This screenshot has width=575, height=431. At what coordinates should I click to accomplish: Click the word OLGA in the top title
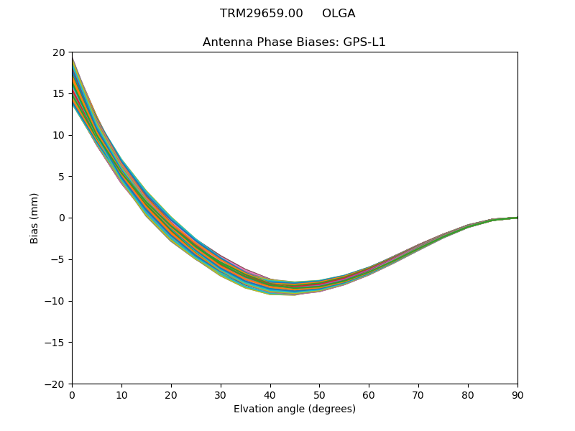click(339, 14)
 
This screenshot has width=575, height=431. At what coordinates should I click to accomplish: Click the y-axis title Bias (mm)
click(34, 218)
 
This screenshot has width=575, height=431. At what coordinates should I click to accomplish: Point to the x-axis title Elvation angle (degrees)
click(295, 409)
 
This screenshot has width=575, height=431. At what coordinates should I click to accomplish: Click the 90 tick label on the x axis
click(517, 394)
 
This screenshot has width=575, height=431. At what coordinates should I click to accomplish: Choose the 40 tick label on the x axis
click(270, 394)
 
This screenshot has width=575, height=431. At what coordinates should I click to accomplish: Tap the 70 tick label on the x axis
click(418, 394)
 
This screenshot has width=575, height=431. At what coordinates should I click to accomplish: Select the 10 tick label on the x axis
click(121, 394)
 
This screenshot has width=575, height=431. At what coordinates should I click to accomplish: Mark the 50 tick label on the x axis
click(320, 394)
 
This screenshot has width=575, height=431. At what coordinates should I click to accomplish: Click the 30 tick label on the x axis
click(221, 394)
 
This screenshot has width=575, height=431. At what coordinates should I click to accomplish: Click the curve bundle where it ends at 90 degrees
click(516, 218)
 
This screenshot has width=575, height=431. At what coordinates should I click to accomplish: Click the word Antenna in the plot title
click(224, 42)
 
